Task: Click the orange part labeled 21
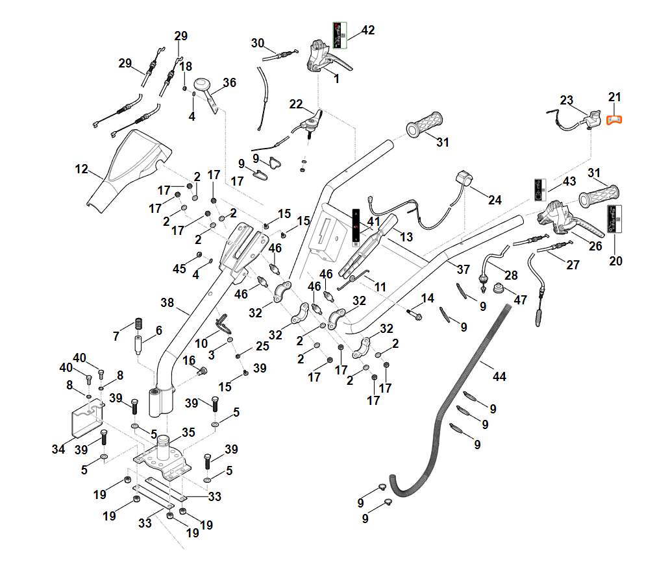pyautogui.click(x=614, y=119)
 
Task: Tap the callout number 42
pyautogui.click(x=368, y=31)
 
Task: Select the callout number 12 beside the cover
pyautogui.click(x=81, y=169)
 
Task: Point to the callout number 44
pyautogui.click(x=499, y=376)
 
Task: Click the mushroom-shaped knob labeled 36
pyautogui.click(x=203, y=85)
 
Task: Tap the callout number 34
pyautogui.click(x=58, y=449)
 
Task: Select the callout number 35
pyautogui.click(x=188, y=432)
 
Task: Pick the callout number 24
pyautogui.click(x=495, y=201)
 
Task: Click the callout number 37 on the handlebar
pyautogui.click(x=463, y=269)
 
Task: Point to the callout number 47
pyautogui.click(x=521, y=299)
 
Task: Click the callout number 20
pyautogui.click(x=615, y=261)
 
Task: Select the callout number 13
pyautogui.click(x=406, y=238)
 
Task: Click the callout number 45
pyautogui.click(x=179, y=269)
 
